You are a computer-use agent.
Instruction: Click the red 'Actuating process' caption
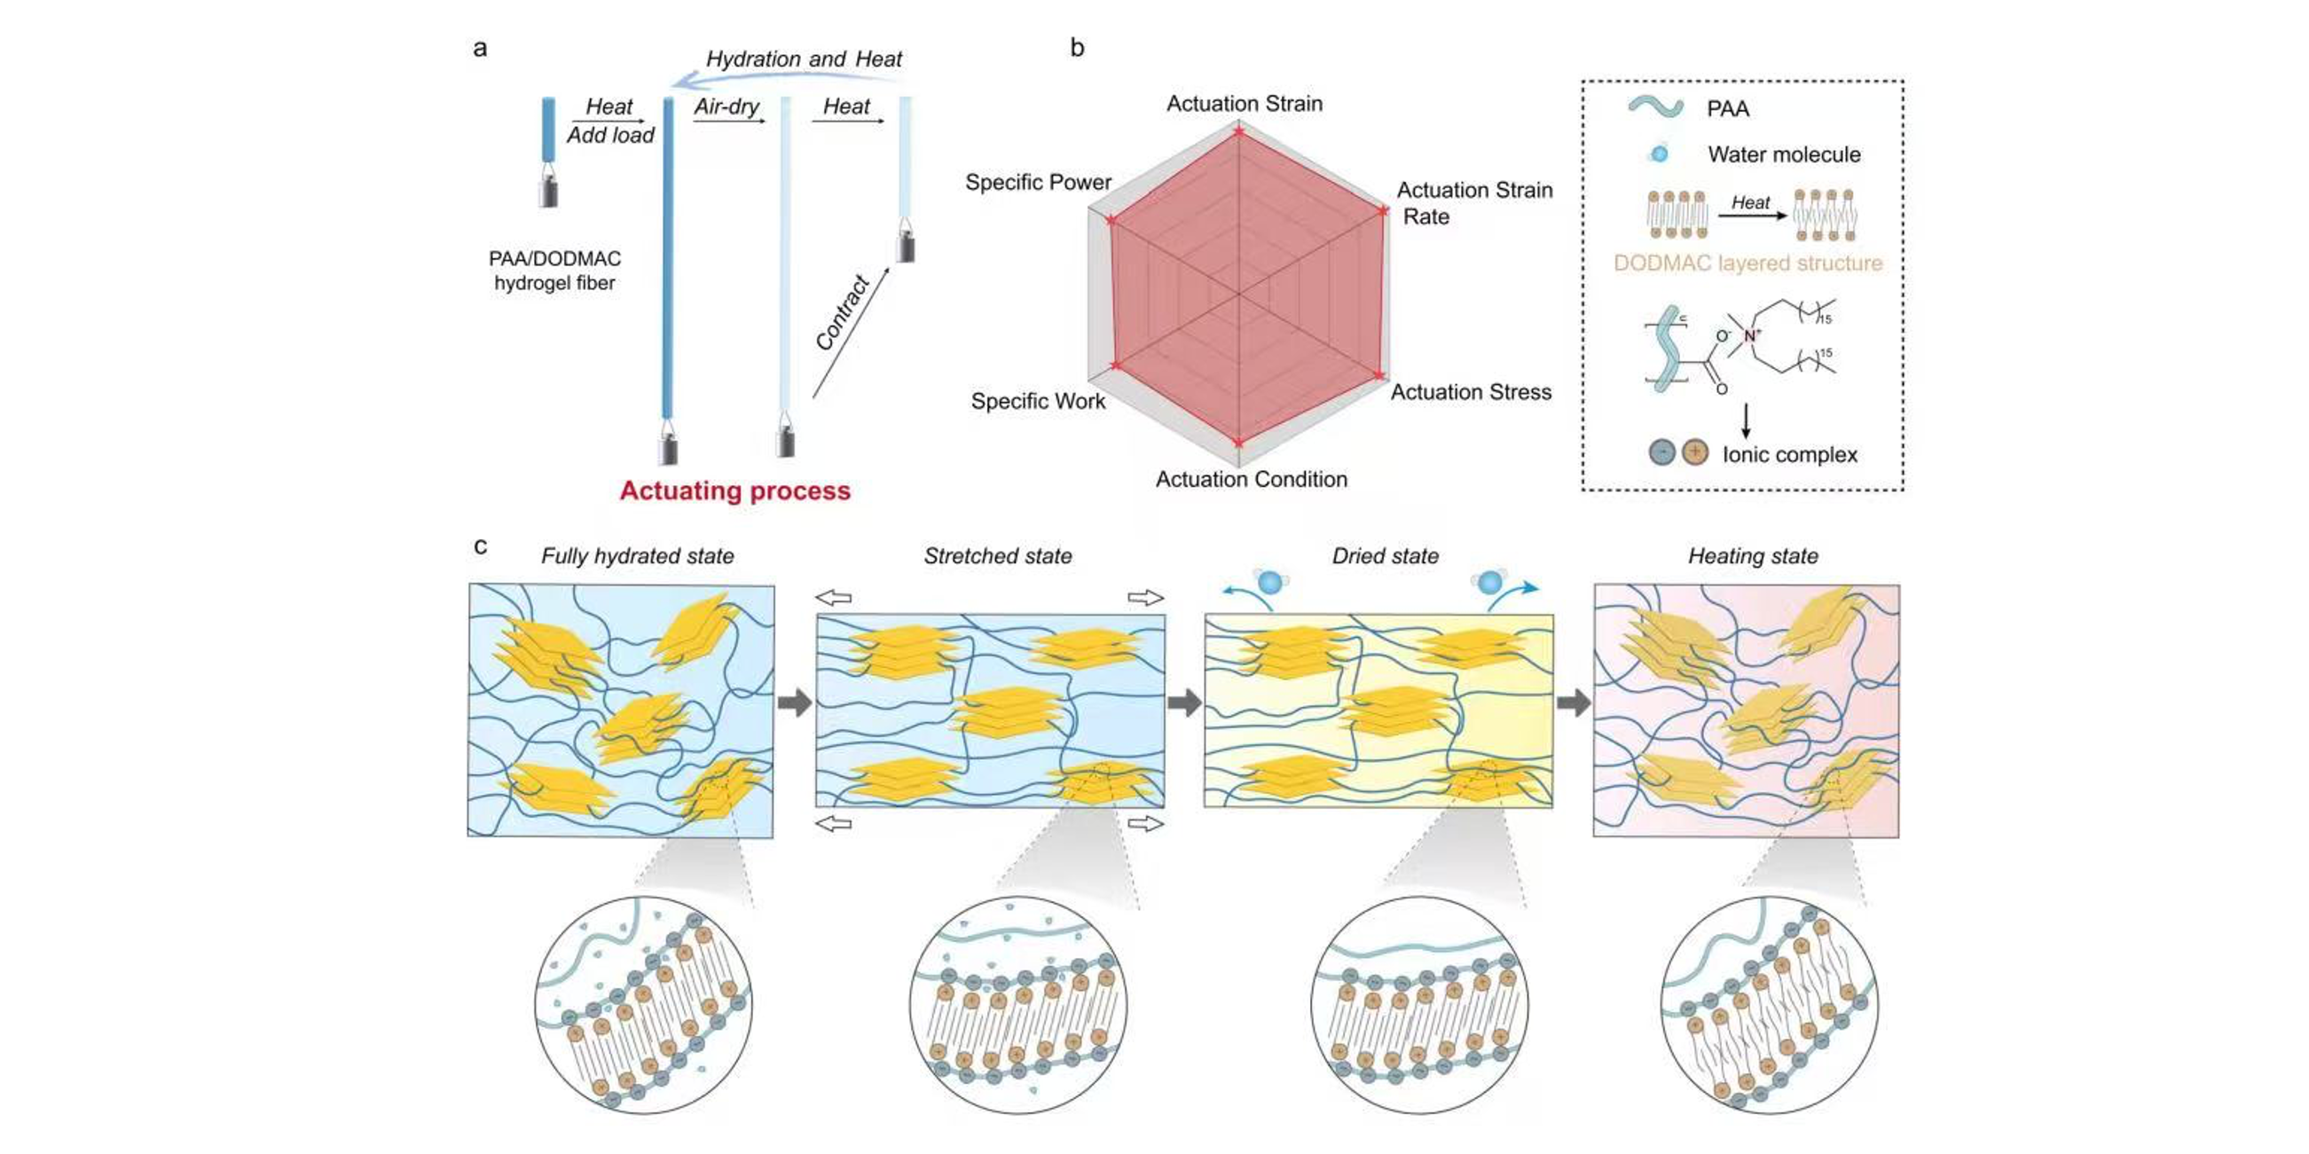(735, 491)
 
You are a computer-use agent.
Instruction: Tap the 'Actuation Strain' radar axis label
(1245, 104)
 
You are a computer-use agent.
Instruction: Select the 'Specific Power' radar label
(1038, 183)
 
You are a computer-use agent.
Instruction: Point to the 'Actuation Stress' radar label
(1471, 392)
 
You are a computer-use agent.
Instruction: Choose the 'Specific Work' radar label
(1038, 402)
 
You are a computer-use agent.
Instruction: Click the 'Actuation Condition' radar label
(1252, 479)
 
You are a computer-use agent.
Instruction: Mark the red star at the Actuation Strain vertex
(1238, 132)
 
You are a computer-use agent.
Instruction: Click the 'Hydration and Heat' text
(804, 59)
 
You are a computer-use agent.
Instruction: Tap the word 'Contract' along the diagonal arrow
(843, 313)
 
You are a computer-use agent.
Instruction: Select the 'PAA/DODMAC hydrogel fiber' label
(554, 271)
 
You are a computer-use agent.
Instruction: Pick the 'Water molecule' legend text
(1784, 155)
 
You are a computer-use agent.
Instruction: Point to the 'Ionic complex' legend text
(1789, 455)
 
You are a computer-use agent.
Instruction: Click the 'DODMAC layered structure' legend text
(1747, 263)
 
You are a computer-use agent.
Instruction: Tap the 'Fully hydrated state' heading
(637, 556)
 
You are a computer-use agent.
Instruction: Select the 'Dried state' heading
(1385, 556)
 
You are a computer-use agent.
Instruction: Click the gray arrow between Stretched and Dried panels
(1184, 703)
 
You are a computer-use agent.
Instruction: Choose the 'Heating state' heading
(1754, 556)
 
